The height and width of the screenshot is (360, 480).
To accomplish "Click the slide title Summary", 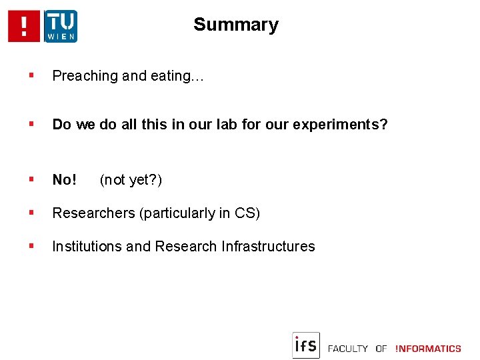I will (x=235, y=25).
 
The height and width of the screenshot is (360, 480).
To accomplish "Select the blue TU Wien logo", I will (x=61, y=26).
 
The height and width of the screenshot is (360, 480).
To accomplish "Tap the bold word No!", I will (x=65, y=180).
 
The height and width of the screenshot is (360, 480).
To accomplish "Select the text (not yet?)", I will (x=131, y=180).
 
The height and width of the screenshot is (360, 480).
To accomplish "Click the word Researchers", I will (x=93, y=213).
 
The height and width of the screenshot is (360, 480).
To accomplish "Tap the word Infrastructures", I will (x=268, y=247).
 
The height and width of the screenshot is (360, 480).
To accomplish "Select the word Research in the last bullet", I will (x=186, y=247).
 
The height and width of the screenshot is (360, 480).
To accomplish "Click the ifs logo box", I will (x=306, y=345).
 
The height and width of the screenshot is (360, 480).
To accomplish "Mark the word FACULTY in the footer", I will (x=348, y=349).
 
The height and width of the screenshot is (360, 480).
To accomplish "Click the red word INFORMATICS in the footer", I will (x=428, y=349).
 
